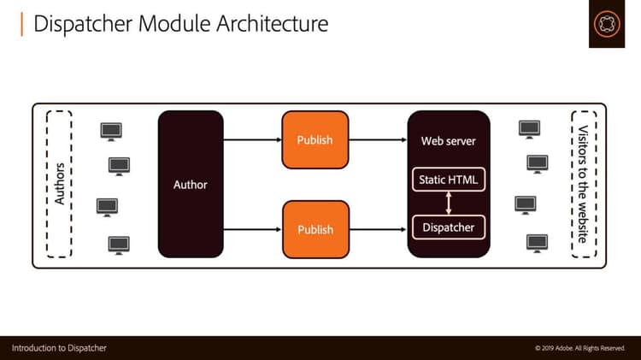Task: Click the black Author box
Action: tap(190, 185)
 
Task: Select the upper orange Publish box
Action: tap(315, 139)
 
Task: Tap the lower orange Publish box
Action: tap(315, 229)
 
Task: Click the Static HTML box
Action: tap(449, 180)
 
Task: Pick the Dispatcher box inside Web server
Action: tap(449, 227)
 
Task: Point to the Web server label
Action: tap(449, 140)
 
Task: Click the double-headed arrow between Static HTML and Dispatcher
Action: tap(449, 204)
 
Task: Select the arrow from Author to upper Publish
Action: tap(252, 139)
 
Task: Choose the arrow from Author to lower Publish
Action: tap(252, 229)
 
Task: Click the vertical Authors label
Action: tap(59, 185)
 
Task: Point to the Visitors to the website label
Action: tap(583, 185)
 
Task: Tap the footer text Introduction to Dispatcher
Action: tap(59, 348)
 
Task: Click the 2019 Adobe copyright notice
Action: tap(582, 348)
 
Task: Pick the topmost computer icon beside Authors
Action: tap(111, 130)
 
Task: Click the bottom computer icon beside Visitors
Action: tap(537, 242)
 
